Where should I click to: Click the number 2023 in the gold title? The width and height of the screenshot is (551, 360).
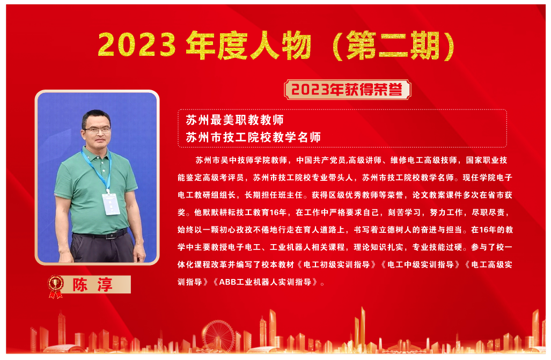tap(137, 45)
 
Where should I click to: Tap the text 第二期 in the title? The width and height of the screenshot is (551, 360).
tap(393, 46)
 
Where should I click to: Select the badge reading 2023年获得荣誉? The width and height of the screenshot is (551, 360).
tap(347, 90)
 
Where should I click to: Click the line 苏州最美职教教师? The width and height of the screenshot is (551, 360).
tap(235, 120)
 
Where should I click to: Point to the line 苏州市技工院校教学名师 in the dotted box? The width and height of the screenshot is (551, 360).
tap(253, 137)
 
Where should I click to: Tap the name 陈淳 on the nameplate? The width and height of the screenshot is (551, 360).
tap(92, 284)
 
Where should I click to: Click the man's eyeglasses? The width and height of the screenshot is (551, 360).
tap(97, 130)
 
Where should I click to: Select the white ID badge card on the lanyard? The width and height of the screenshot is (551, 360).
tap(111, 204)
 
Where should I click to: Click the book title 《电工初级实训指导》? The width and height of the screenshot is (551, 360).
tap(336, 265)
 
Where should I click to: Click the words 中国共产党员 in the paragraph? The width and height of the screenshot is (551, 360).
tap(321, 160)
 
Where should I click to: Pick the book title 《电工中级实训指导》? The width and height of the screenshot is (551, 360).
tap(420, 265)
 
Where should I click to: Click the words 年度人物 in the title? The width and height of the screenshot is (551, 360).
tap(248, 46)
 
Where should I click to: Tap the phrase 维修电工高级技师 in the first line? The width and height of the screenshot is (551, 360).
tap(423, 160)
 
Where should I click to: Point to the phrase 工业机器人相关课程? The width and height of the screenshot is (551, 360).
tap(307, 247)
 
